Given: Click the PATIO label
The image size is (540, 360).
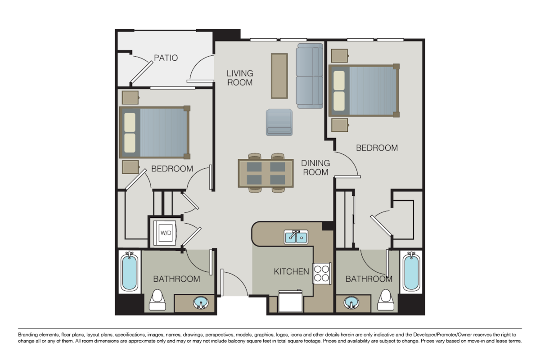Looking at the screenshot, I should pos(166,58).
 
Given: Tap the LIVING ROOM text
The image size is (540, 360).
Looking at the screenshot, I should pos(239,78).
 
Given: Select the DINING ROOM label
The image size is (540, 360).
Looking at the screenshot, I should pos(315,167).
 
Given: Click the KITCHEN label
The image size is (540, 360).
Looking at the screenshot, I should pos(292,271).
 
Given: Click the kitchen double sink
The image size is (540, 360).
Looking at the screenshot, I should pos(296,237).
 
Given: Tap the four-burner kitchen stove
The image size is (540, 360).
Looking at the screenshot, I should pos(321,273).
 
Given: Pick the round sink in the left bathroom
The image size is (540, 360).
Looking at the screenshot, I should pos(201,303).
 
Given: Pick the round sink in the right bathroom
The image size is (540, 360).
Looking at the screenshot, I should pos(351,303).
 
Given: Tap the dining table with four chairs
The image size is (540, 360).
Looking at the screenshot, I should pos(266,173).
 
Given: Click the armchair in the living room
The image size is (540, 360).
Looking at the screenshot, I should pos(279,122).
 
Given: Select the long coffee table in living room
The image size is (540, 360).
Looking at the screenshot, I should pos(279,76).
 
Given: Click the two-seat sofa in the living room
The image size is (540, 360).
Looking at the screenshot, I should pos(310,76).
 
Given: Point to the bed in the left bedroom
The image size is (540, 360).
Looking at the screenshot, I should pos(154,132).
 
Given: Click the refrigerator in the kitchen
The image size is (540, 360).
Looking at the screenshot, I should pos(291,301).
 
